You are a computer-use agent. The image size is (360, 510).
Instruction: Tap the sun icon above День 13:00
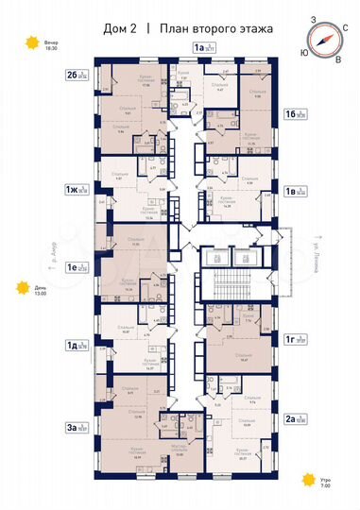(18, 289)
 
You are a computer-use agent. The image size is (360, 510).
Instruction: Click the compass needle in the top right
(325, 40)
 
